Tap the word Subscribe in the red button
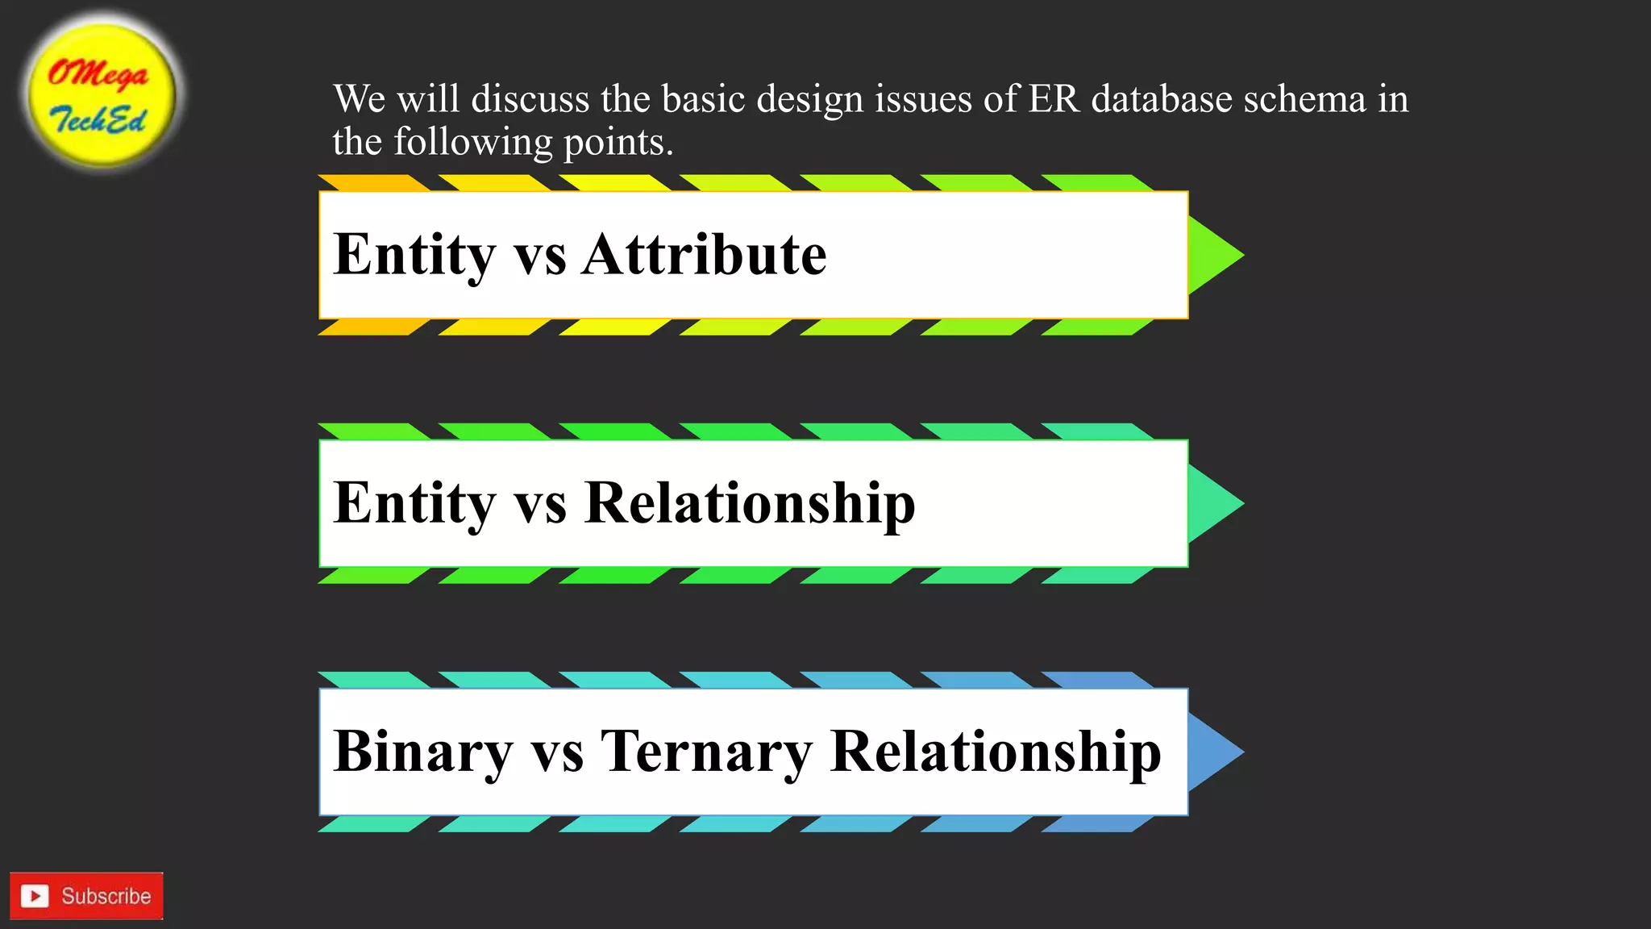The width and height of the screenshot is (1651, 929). pyautogui.click(x=106, y=896)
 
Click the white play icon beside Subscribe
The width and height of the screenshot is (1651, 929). pyautogui.click(x=35, y=896)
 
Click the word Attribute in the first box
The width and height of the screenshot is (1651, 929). pyautogui.click(x=704, y=255)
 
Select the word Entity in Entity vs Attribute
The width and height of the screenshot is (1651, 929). pyautogui.click(x=414, y=255)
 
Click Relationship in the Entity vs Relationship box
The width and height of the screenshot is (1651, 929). pyautogui.click(x=749, y=503)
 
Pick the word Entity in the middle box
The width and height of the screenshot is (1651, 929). pyautogui.click(x=414, y=503)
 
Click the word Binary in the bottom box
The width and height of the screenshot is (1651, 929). pyautogui.click(x=422, y=752)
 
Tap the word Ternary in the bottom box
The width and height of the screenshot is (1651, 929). pyautogui.click(x=706, y=752)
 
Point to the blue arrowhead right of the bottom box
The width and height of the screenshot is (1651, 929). pyautogui.click(x=1212, y=752)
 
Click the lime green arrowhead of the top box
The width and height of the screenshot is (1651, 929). pyautogui.click(x=1212, y=255)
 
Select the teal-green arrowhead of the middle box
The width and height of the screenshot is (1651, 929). pyautogui.click(x=1212, y=503)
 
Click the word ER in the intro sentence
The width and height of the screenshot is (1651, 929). pyautogui.click(x=1053, y=99)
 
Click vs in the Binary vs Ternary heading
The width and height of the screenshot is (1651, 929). pyautogui.click(x=556, y=752)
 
